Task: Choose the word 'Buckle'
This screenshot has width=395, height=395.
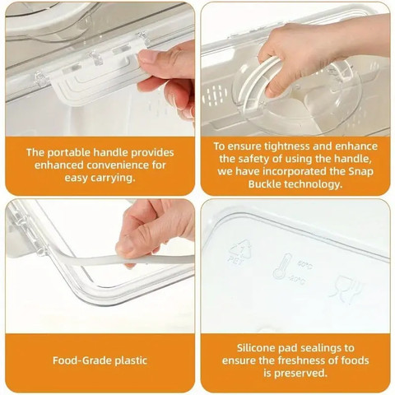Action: coord(265,184)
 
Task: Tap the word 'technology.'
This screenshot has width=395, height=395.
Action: coord(313,184)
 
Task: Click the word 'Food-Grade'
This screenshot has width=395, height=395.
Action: coord(82,360)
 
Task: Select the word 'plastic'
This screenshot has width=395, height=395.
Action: coord(131,360)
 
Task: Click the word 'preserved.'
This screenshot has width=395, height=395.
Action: coord(300,374)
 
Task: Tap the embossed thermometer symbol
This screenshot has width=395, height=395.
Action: coord(282,267)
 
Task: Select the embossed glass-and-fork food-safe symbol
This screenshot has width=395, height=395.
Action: coord(346,289)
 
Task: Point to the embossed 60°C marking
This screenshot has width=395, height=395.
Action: coord(304,265)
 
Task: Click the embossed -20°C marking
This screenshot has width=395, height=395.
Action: coord(297,280)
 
